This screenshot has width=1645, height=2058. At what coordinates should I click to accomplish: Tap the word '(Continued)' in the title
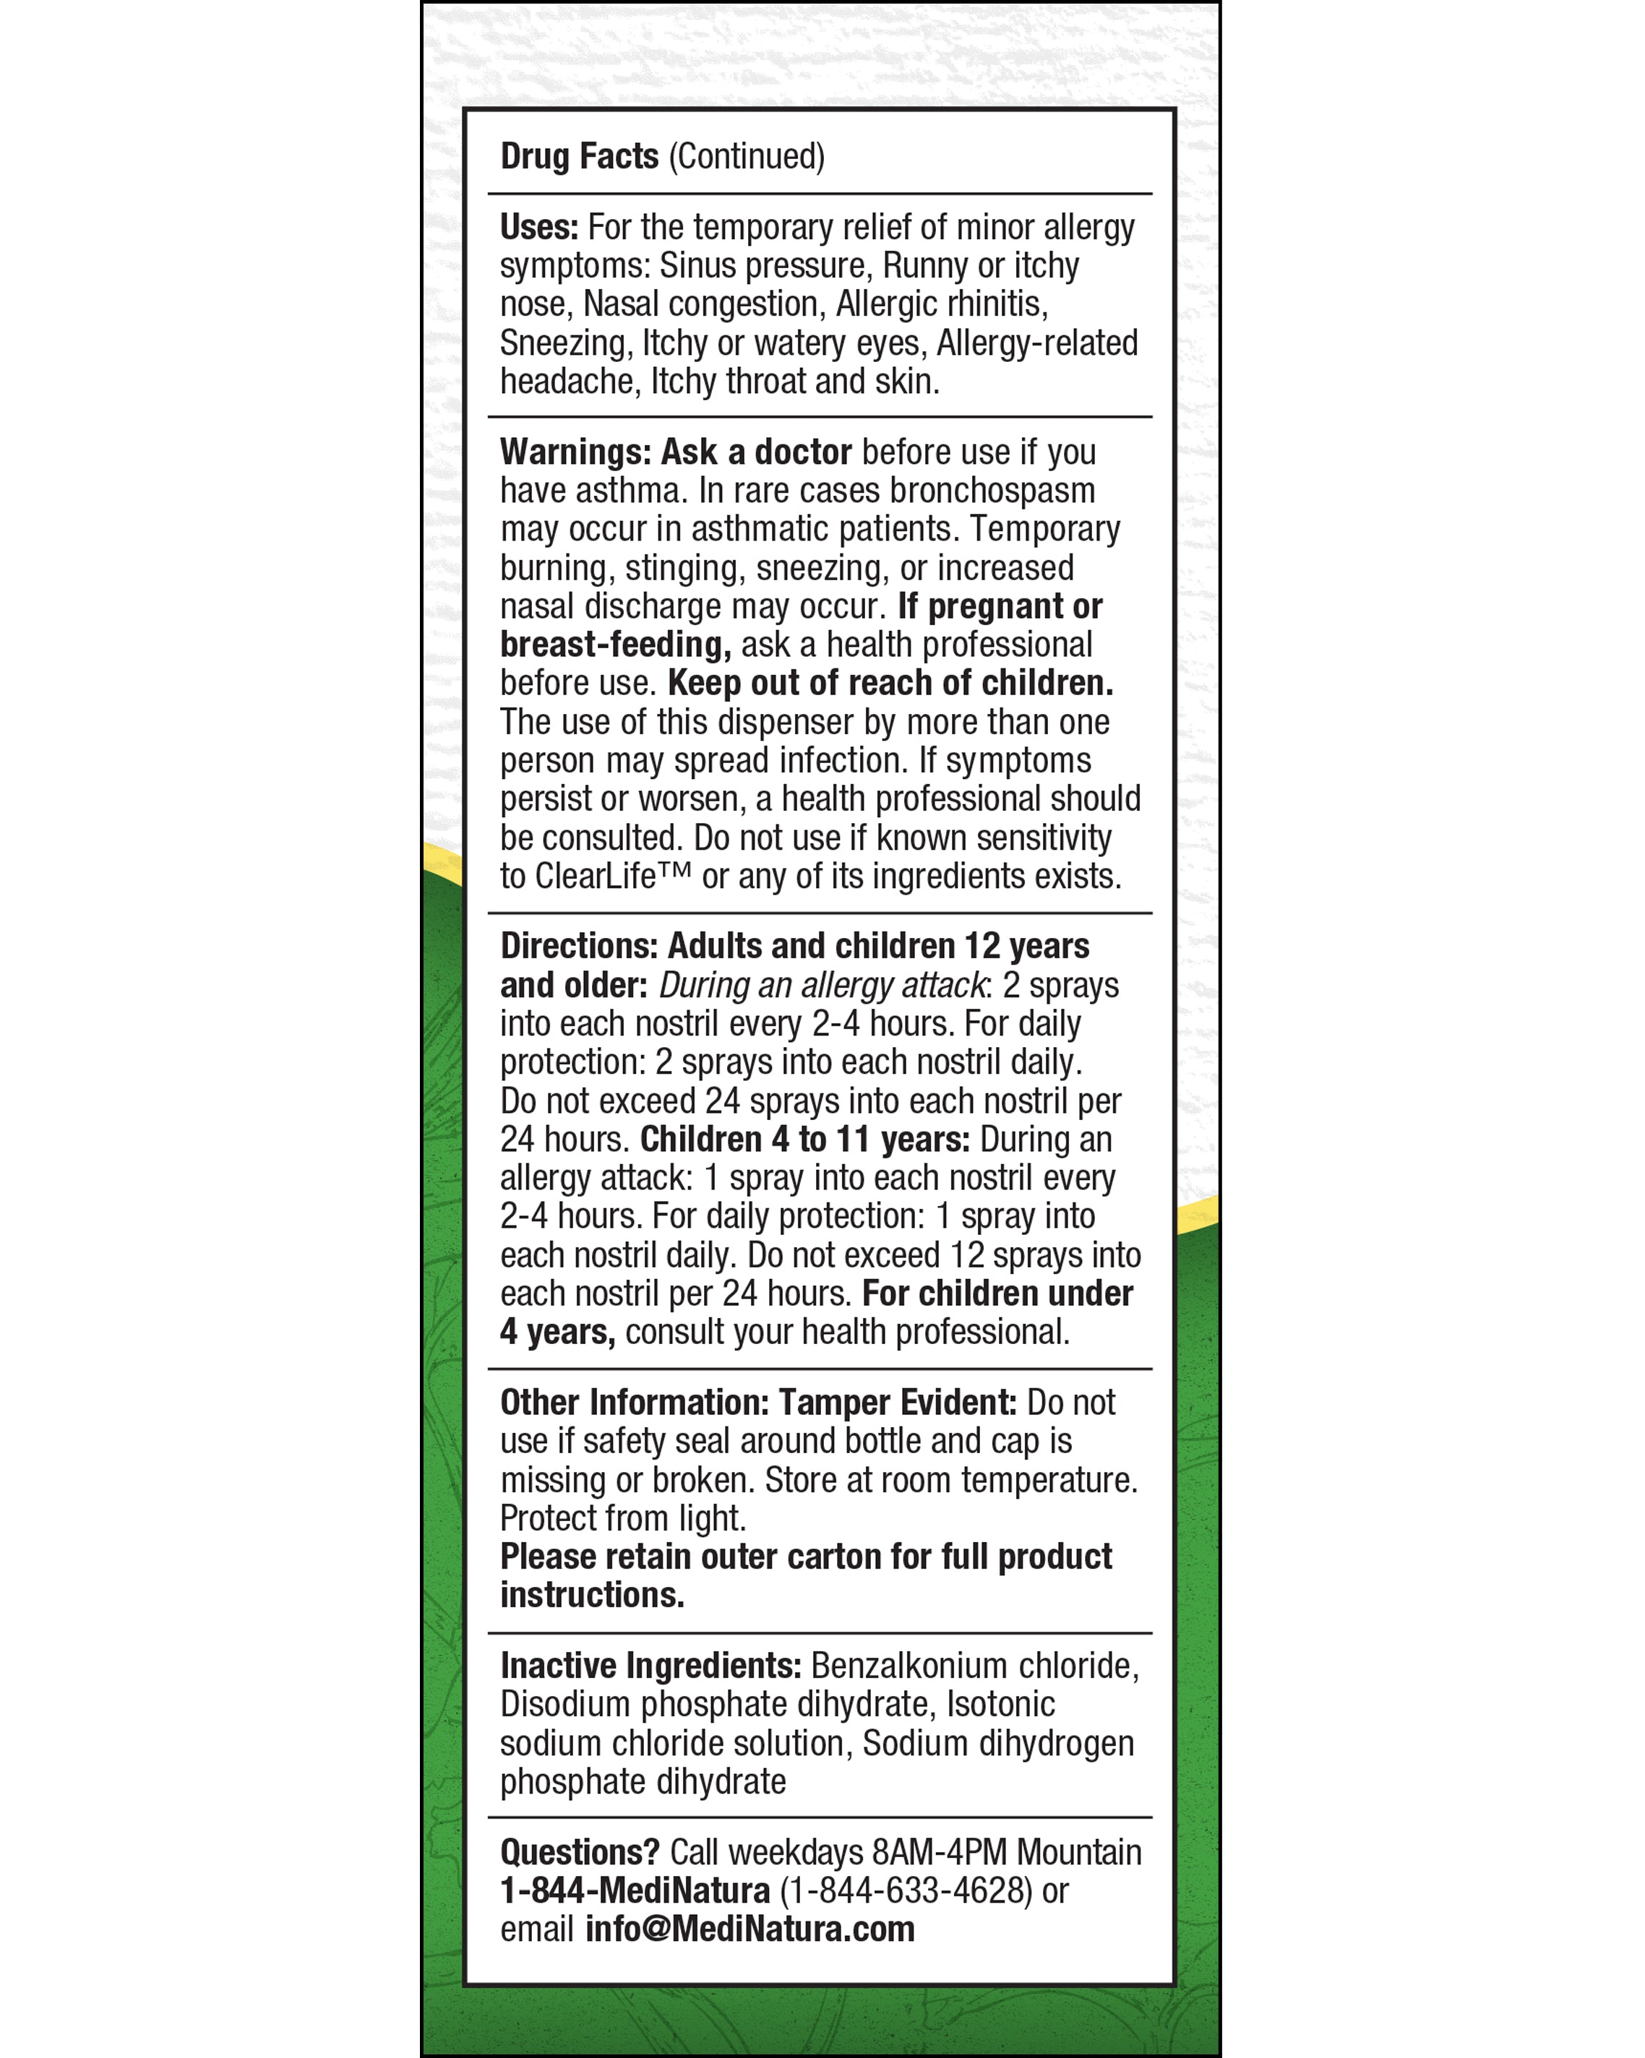(747, 157)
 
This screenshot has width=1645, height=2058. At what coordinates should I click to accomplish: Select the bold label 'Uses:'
(538, 227)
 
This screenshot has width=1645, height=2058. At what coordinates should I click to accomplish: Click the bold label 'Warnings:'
(575, 452)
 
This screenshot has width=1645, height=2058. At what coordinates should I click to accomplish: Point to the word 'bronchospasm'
(992, 491)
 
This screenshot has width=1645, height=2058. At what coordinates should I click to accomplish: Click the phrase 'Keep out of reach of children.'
(890, 684)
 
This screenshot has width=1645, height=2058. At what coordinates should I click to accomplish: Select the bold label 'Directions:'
(578, 946)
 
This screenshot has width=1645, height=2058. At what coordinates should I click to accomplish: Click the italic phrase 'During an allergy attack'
(822, 985)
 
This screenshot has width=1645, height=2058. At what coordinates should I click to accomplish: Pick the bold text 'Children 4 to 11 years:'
(804, 1139)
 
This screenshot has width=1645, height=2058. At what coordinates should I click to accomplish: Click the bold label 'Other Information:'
(634, 1402)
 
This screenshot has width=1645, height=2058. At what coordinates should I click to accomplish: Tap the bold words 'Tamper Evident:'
(898, 1402)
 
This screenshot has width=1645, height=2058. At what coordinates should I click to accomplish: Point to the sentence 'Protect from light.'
(622, 1517)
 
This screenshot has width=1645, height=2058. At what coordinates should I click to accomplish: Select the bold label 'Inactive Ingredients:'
(650, 1666)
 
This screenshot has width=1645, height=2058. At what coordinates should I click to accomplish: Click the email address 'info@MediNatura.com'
(750, 1929)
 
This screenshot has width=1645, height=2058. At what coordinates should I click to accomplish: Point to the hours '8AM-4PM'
(940, 1852)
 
